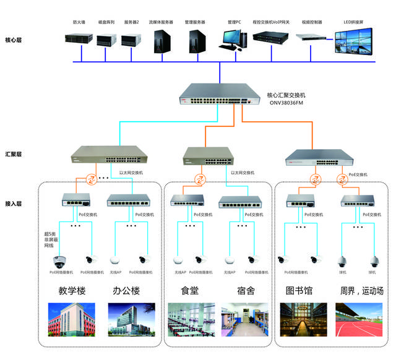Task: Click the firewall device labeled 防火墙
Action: coord(79,39)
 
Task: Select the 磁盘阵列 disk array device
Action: coord(106,40)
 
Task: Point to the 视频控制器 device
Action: coord(312,38)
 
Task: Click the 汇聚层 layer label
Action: coord(13,155)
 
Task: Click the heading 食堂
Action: coord(189,291)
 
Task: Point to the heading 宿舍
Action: coord(246,291)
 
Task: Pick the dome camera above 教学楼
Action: coord(61,260)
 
